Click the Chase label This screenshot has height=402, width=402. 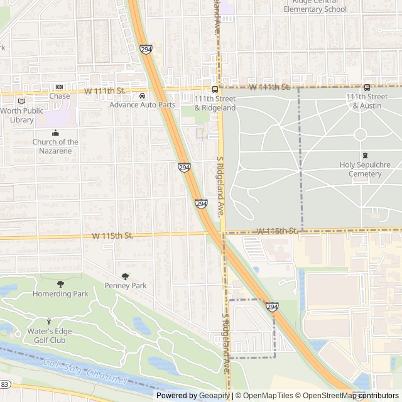click(x=60, y=96)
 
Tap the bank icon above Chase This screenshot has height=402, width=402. click(x=60, y=87)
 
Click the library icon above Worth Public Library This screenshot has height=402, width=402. click(x=22, y=101)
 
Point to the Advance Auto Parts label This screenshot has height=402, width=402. click(x=143, y=105)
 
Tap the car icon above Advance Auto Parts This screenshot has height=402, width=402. click(x=143, y=96)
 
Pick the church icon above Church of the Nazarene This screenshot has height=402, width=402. click(x=55, y=133)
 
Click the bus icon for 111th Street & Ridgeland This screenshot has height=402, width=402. click(x=215, y=89)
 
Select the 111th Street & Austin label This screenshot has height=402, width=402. click(x=367, y=101)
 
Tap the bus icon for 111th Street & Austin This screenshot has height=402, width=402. click(x=367, y=88)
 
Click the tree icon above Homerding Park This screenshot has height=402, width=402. click(x=60, y=285)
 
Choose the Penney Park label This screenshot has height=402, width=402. click(x=126, y=286)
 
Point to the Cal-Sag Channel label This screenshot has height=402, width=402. click(x=85, y=372)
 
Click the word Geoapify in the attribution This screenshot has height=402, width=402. click(x=215, y=396)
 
